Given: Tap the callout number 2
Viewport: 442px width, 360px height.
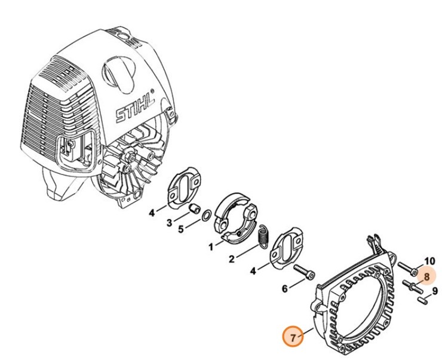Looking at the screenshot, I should point(231,260).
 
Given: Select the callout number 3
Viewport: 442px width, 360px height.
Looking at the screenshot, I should point(168,223).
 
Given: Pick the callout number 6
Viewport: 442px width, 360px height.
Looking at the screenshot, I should point(284,289).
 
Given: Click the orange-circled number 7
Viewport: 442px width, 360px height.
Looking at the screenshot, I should point(293,337).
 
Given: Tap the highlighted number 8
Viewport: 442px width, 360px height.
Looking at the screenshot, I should point(426,276).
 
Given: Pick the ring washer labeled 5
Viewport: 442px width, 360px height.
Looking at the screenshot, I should point(205,216).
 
